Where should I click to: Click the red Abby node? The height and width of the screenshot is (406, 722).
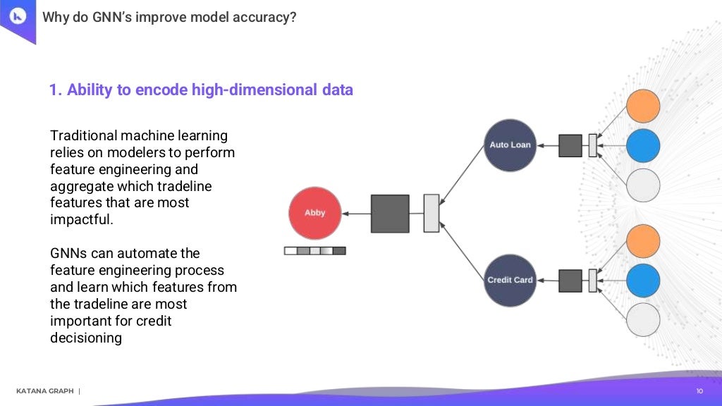point(314,213)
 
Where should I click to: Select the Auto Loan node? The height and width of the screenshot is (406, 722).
point(510,145)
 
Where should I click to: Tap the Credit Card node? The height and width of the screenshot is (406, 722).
point(510,280)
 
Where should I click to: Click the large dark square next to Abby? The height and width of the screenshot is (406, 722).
point(390,214)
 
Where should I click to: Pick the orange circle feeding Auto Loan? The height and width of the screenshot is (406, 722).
point(642,106)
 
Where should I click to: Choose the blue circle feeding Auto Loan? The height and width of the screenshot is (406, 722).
point(642,146)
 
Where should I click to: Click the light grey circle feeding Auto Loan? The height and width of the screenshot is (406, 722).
point(642,185)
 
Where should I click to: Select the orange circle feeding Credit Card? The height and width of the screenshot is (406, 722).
point(642,240)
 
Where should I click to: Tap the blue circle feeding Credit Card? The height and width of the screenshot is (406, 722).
point(642,280)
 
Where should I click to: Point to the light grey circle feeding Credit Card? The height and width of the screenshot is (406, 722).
point(642,319)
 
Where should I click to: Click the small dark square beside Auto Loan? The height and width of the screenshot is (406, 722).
point(570,146)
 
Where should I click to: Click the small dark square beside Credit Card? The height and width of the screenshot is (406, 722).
point(570,281)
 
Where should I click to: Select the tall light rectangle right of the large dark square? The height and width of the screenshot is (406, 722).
point(431,213)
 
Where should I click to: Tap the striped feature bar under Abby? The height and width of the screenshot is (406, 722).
point(314,250)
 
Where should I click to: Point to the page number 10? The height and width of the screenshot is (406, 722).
point(699,390)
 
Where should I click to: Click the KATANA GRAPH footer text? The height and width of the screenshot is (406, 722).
point(44,391)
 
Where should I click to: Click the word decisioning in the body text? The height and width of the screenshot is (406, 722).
point(85,338)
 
